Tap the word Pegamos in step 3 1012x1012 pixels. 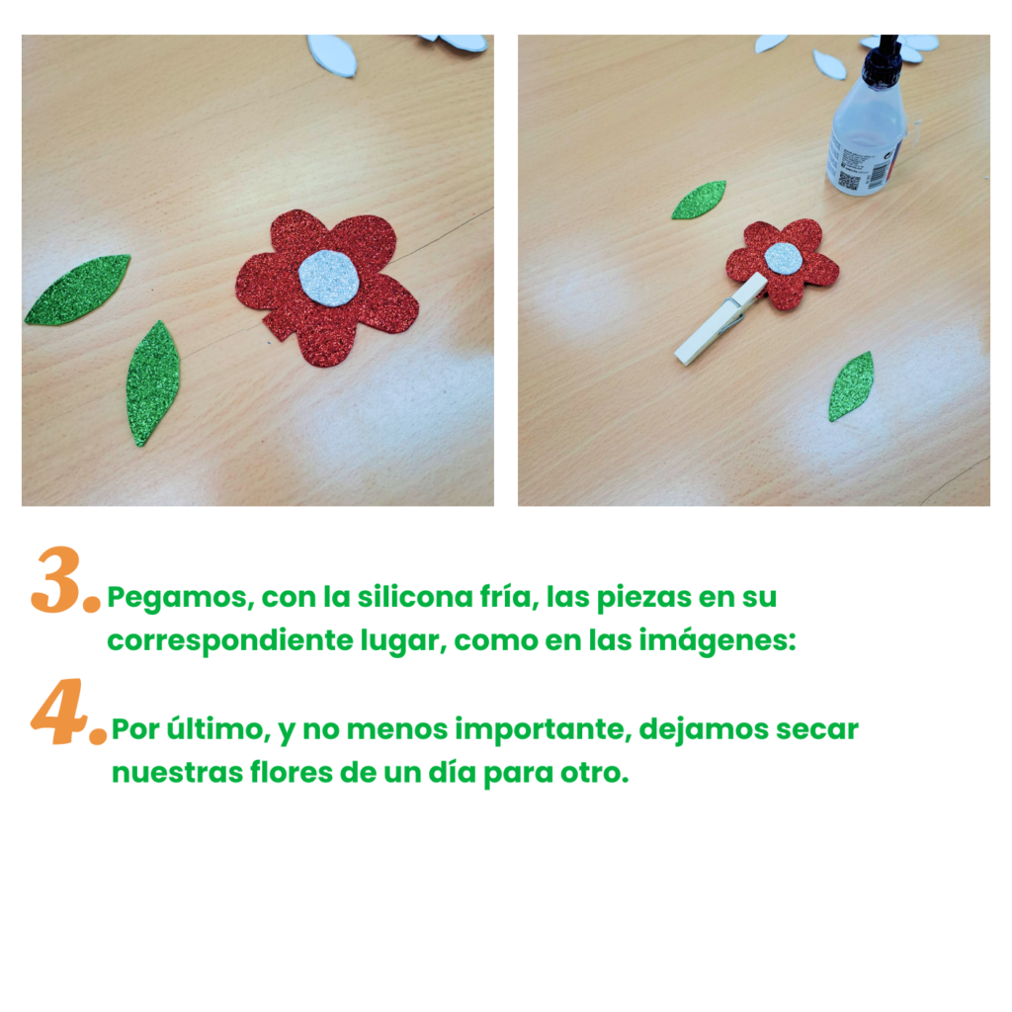pos(178,598)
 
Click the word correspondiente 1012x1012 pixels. pos(229,640)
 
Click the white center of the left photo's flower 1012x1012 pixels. pos(328,278)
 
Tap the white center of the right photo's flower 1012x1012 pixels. pos(784,258)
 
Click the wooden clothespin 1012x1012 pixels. pos(720,318)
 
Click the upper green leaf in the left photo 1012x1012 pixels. pos(77,290)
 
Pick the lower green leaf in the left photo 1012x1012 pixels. pos(152,383)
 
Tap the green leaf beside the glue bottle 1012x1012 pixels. pos(699,200)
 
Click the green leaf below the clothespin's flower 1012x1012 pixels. pos(851,386)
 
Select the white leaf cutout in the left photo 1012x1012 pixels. pos(331,55)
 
